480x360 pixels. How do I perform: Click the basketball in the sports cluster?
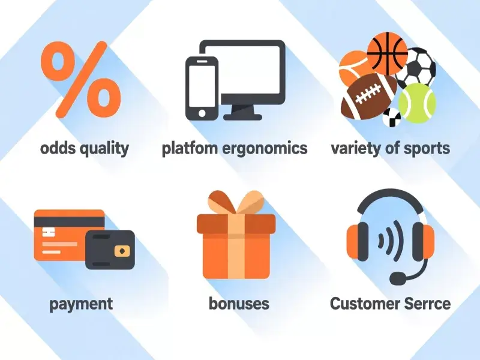[386, 53]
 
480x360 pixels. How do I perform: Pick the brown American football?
[368, 96]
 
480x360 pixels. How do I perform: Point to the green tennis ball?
[416, 103]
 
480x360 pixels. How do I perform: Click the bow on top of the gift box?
[236, 204]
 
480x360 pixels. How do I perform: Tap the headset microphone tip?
[397, 279]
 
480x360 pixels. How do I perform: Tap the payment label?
[81, 304]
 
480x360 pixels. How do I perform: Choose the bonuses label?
[239, 303]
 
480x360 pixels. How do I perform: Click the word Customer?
[364, 303]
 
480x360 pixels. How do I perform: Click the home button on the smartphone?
[202, 113]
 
